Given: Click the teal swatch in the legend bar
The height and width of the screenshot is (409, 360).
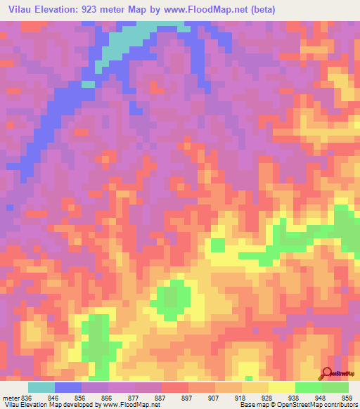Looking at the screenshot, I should tap(41, 387).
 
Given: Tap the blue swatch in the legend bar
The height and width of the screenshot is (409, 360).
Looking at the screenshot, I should tap(68, 387).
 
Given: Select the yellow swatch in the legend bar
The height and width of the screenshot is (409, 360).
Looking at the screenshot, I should tap(282, 387).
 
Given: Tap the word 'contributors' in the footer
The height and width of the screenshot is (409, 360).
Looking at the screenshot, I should tap(340, 405).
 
